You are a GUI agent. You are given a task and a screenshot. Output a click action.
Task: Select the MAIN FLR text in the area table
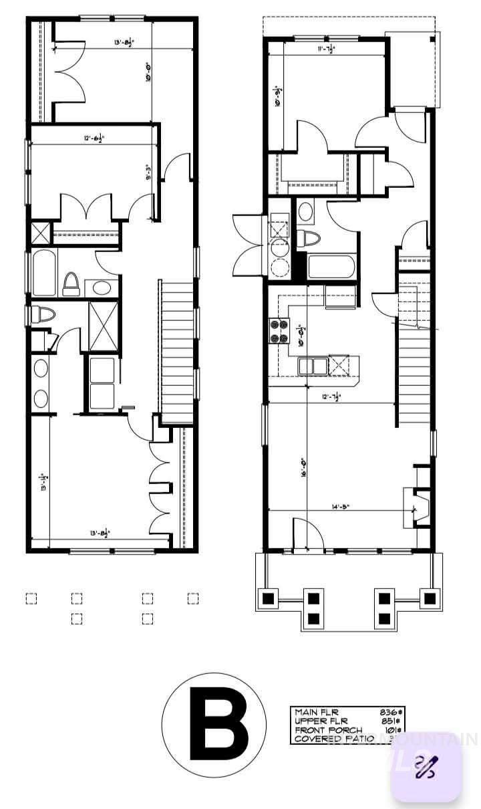[x=317, y=712]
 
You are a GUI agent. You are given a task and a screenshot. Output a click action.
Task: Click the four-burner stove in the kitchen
[x=278, y=330]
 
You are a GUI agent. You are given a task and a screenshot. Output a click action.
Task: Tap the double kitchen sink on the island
[x=312, y=366]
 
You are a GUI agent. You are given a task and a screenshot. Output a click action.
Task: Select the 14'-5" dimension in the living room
[x=339, y=507]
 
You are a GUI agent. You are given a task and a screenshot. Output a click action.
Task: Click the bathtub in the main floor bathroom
[x=331, y=267]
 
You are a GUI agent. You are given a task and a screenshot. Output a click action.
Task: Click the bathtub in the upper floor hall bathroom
[x=45, y=273]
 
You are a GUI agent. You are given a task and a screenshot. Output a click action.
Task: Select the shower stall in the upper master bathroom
[x=104, y=326]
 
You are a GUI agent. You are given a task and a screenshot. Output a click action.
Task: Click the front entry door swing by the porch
[x=301, y=535]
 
